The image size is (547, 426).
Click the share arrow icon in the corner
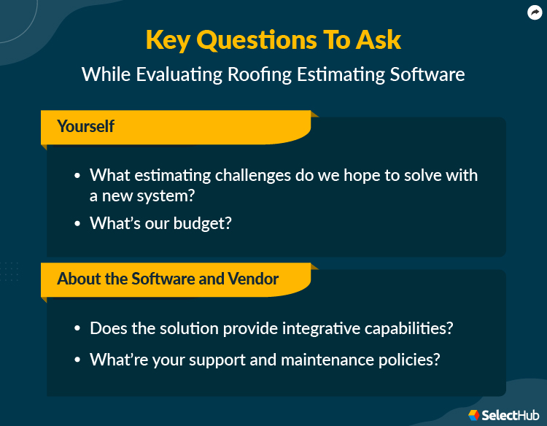[534, 12]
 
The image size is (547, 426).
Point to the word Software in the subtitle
[427, 74]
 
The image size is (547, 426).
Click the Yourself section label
[85, 126]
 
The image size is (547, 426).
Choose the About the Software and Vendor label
[168, 279]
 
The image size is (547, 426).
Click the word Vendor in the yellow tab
[255, 279]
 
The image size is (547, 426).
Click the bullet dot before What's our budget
[78, 224]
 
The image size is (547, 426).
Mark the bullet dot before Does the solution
[78, 329]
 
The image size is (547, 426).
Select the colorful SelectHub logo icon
[473, 414]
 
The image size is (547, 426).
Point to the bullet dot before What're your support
[78, 360]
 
